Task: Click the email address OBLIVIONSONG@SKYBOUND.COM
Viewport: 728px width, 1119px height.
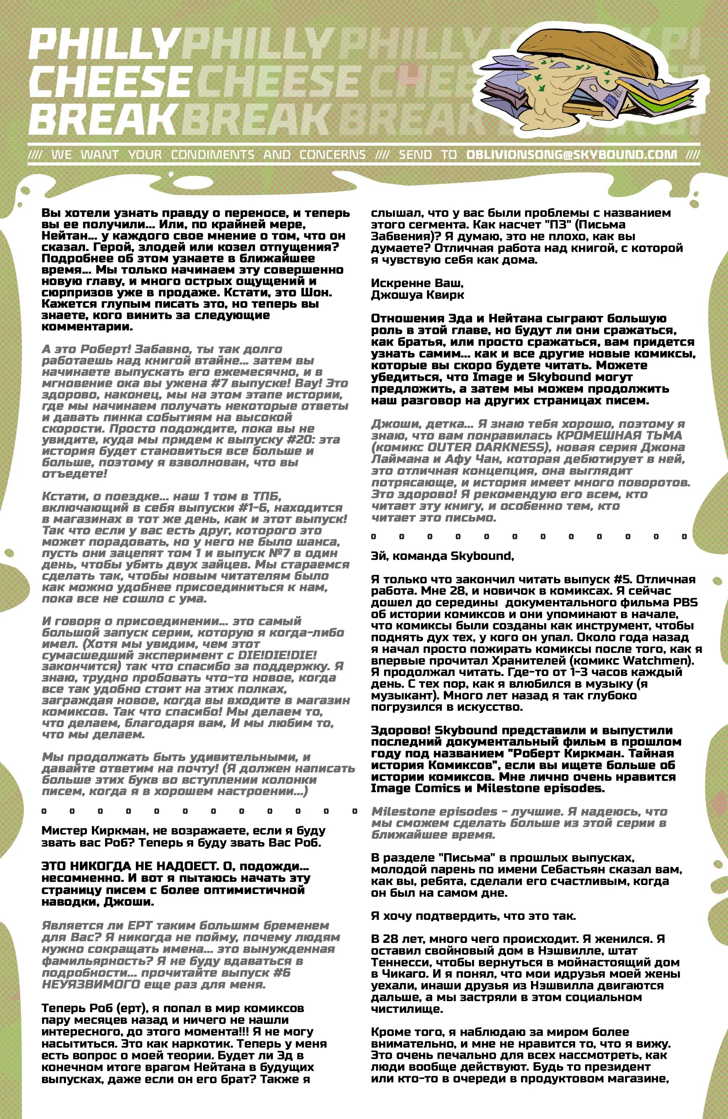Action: click(x=571, y=155)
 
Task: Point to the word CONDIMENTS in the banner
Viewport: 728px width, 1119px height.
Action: click(x=212, y=155)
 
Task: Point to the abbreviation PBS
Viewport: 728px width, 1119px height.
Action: click(x=685, y=602)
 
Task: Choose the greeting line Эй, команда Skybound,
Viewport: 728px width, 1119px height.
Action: click(x=442, y=556)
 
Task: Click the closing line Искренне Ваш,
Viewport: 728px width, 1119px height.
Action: click(x=417, y=283)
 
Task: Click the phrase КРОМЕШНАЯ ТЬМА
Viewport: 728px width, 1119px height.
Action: click(x=619, y=435)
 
